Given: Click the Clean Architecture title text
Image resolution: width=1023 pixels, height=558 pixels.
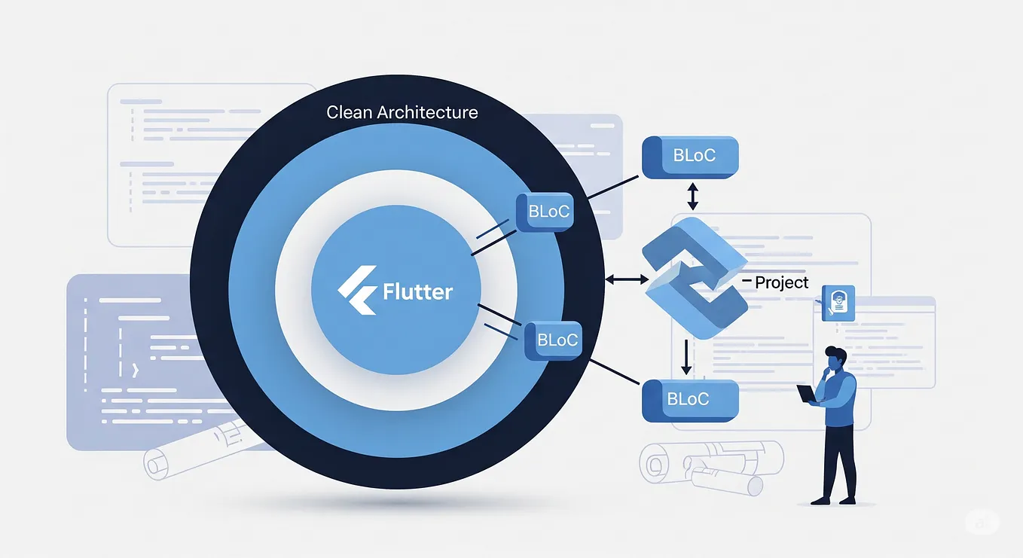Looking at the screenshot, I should click(402, 113).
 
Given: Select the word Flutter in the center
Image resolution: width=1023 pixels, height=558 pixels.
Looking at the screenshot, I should click(417, 291).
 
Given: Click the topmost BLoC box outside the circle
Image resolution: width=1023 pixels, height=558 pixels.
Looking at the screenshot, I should click(689, 157).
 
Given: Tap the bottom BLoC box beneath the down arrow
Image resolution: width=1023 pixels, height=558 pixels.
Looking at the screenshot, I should click(689, 399).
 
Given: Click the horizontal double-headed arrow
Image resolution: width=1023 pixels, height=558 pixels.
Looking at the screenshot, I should click(627, 279).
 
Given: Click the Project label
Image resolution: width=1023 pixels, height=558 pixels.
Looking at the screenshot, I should click(781, 282).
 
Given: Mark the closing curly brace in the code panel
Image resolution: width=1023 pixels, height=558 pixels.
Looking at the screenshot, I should click(134, 370).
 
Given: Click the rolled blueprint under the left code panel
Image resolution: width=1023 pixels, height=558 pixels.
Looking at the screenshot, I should click(188, 455).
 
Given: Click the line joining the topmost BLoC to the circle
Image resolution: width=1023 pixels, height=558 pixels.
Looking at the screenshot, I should click(613, 188).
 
